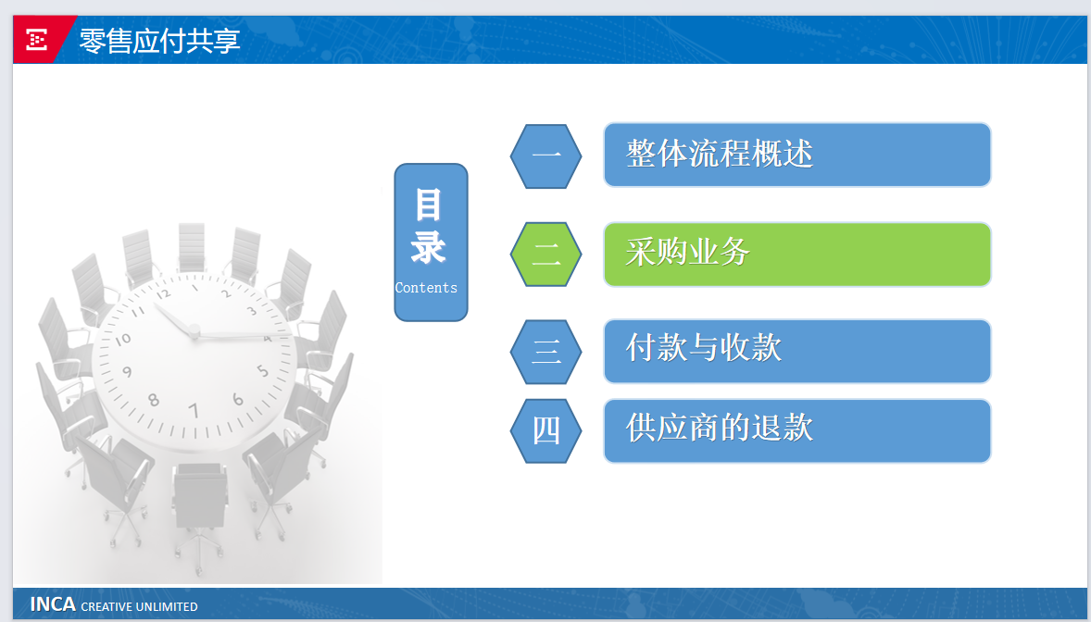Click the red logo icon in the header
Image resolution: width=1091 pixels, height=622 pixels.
pyautogui.click(x=36, y=40)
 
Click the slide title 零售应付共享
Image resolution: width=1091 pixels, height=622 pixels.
pyautogui.click(x=159, y=41)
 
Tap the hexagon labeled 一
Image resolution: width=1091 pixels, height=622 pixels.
pyautogui.click(x=546, y=155)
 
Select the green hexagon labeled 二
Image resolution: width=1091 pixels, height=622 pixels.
pyautogui.click(x=546, y=254)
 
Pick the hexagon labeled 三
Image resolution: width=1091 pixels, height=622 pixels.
pyautogui.click(x=546, y=352)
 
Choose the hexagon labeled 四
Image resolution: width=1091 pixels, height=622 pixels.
pyautogui.click(x=546, y=431)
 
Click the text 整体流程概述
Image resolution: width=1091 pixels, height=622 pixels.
pyautogui.click(x=720, y=154)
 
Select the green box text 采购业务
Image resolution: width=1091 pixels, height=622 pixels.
pyautogui.click(x=687, y=252)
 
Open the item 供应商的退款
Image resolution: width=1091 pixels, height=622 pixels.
pyautogui.click(x=720, y=428)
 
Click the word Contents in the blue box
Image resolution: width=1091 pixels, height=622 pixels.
pyautogui.click(x=426, y=287)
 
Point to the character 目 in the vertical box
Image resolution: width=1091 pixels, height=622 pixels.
pyautogui.click(x=429, y=205)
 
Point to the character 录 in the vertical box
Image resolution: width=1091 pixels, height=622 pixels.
pyautogui.click(x=429, y=247)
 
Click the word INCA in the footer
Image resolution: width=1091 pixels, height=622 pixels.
pyautogui.click(x=53, y=603)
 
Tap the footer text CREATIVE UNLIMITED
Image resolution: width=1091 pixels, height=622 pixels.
pyautogui.click(x=139, y=606)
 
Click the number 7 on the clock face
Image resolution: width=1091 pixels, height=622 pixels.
pyautogui.click(x=194, y=410)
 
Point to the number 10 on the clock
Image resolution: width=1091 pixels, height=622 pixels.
pyautogui.click(x=122, y=340)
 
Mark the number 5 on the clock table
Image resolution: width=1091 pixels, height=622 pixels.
pyautogui.click(x=263, y=370)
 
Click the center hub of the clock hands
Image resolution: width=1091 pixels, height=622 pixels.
pyautogui.click(x=194, y=332)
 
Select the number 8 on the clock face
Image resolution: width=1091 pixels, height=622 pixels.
pyautogui.click(x=154, y=400)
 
